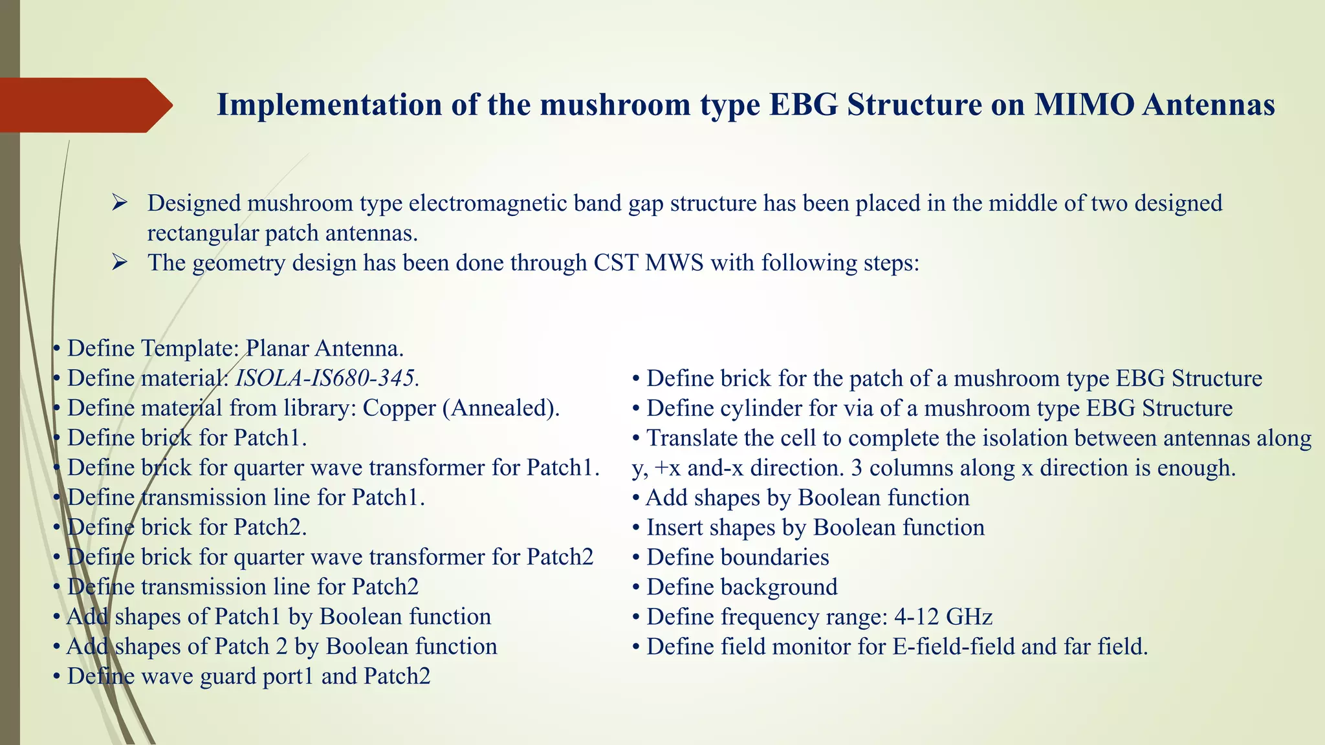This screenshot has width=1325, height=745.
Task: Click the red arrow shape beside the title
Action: click(x=84, y=105)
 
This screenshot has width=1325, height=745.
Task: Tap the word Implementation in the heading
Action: click(x=330, y=105)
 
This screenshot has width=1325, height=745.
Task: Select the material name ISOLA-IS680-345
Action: click(x=325, y=378)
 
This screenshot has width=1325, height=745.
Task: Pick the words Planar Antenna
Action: click(x=324, y=349)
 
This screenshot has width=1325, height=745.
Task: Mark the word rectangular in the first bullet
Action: click(x=203, y=233)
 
